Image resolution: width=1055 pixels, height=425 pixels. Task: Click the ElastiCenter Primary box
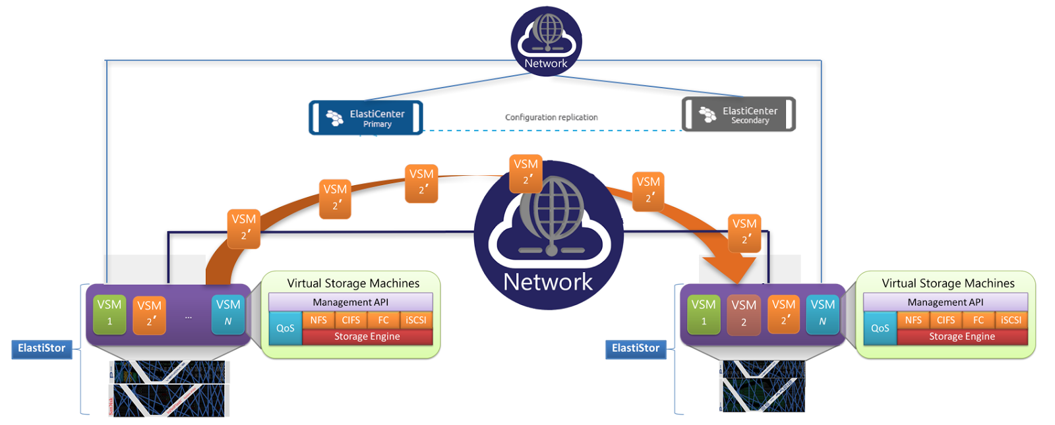click(366, 118)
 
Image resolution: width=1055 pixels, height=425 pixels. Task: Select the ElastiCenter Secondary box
click(738, 115)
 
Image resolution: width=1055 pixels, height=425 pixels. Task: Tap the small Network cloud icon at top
click(546, 40)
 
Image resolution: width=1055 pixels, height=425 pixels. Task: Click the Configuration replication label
click(551, 117)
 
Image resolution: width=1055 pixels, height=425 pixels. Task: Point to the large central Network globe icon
click(549, 234)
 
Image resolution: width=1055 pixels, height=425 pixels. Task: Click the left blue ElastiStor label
click(42, 349)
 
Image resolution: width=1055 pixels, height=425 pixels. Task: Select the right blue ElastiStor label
click(636, 349)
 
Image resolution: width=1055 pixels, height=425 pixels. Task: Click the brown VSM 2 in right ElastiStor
click(744, 314)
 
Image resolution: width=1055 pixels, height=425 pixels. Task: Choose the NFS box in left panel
click(318, 320)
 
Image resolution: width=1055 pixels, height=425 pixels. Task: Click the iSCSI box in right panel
click(1011, 320)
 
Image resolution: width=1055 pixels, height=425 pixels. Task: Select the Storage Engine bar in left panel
click(367, 337)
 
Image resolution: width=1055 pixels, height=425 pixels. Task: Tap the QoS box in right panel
click(880, 328)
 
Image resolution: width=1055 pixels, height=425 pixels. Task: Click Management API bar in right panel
click(945, 302)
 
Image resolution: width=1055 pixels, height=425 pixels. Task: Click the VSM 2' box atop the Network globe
click(526, 173)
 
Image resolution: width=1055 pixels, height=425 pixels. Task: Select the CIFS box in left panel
click(351, 320)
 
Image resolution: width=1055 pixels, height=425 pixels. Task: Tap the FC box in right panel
click(979, 320)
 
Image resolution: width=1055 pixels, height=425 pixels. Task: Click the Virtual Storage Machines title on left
click(353, 283)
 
